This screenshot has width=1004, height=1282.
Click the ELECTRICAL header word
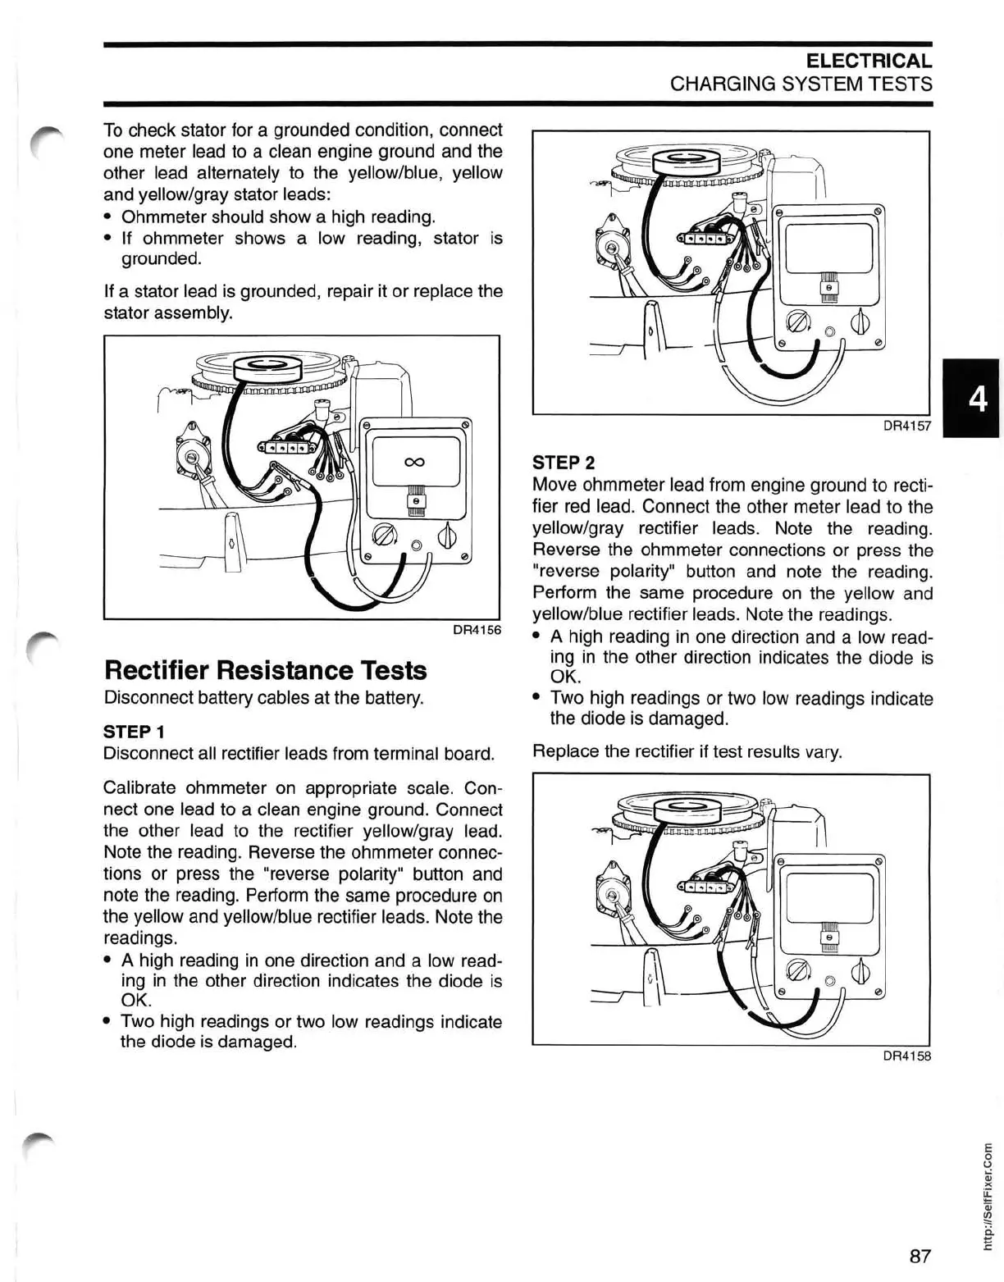pos(869,61)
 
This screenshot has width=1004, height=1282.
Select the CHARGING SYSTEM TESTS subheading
pos(801,84)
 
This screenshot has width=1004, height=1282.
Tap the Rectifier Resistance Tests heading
pos(265,670)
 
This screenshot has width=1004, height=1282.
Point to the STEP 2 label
pos(564,463)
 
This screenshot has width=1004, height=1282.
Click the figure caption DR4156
pos(477,630)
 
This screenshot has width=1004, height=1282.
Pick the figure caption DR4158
pos(906,1056)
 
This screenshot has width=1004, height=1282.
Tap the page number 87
pos(920,1233)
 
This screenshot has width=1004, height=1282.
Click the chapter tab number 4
pos(977,399)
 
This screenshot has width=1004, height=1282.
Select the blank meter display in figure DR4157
pos(828,248)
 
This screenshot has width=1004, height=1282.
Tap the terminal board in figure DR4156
pos(286,448)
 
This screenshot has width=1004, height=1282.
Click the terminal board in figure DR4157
pos(703,239)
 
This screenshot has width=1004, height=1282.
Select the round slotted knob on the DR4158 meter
pos(796,973)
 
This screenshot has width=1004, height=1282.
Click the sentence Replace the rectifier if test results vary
pos(687,752)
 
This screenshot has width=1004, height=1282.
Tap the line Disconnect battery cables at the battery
pos(263,698)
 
